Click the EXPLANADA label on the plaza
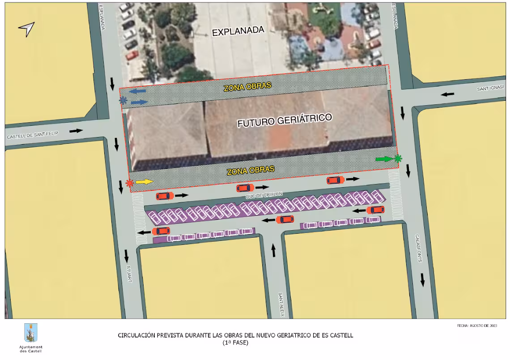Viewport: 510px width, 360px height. [x=238, y=31]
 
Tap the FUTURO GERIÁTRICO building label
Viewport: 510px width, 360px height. [x=285, y=120]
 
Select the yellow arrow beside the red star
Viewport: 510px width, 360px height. [x=144, y=182]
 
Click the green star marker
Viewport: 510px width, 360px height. [x=397, y=158]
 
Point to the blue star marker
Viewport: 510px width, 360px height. [x=123, y=100]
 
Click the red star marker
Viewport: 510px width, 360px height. [x=129, y=183]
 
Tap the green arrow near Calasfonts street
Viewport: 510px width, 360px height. [x=384, y=159]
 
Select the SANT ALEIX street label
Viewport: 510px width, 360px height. [x=281, y=305]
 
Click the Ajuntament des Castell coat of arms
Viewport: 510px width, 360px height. [x=31, y=333]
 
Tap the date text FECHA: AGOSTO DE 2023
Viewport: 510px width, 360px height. [x=476, y=326]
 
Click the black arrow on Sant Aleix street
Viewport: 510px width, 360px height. [x=273, y=250]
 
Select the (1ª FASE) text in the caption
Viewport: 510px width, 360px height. [x=235, y=343]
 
